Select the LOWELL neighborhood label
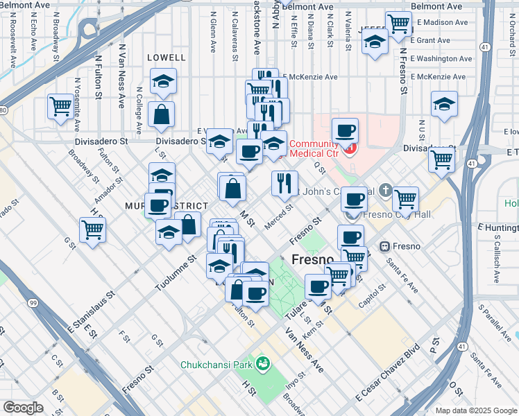(167, 58)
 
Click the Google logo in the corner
(23, 408)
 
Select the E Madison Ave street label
(443, 22)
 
